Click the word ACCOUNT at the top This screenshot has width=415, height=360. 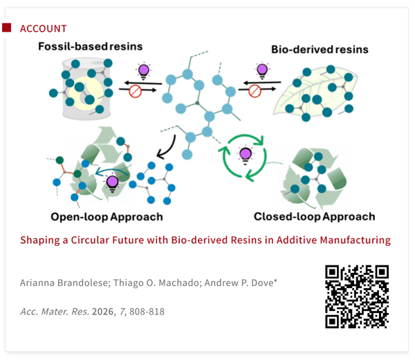tap(43, 28)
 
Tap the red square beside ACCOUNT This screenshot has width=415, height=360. tap(7, 28)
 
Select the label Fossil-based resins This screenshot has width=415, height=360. tap(90, 46)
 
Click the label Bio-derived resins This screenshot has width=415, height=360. tap(320, 50)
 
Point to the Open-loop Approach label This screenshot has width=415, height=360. tap(107, 217)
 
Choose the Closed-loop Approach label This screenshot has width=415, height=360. tap(315, 217)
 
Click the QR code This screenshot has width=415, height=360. tap(357, 296)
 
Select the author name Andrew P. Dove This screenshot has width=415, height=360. tap(241, 283)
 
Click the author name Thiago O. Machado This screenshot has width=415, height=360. tap(158, 283)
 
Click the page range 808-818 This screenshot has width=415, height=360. tap(147, 312)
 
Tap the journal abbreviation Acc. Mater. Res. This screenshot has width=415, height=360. tap(55, 312)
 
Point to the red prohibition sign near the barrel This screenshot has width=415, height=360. tap(136, 91)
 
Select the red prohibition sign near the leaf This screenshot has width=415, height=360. tap(255, 91)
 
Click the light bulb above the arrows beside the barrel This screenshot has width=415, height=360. tap(144, 71)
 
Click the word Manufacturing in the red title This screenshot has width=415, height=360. tap(356, 240)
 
